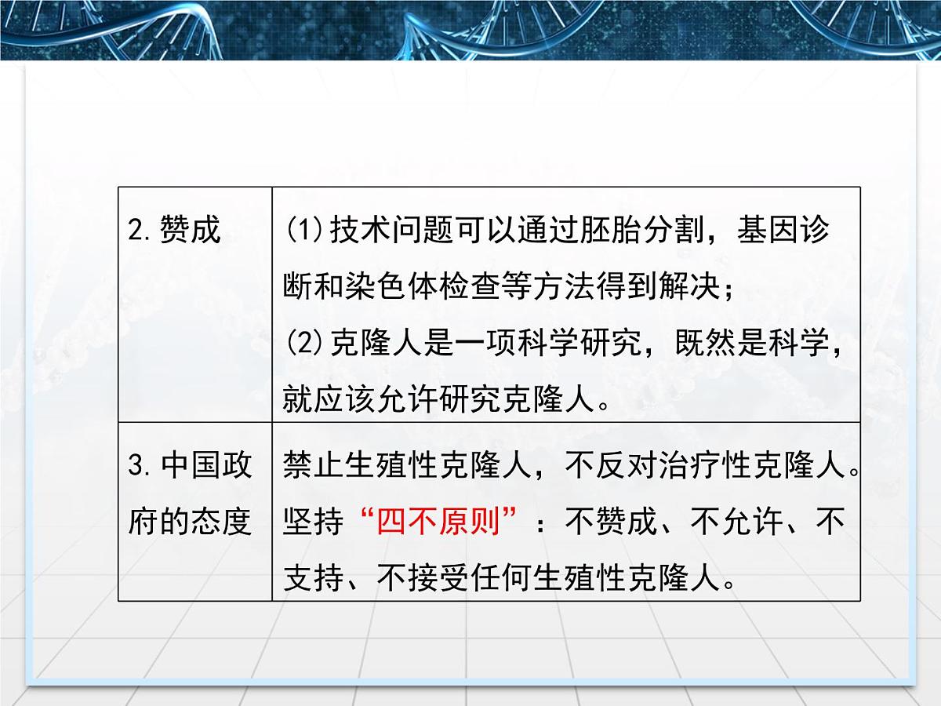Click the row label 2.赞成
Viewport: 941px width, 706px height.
click(x=174, y=231)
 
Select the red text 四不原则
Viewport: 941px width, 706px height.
click(x=439, y=522)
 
